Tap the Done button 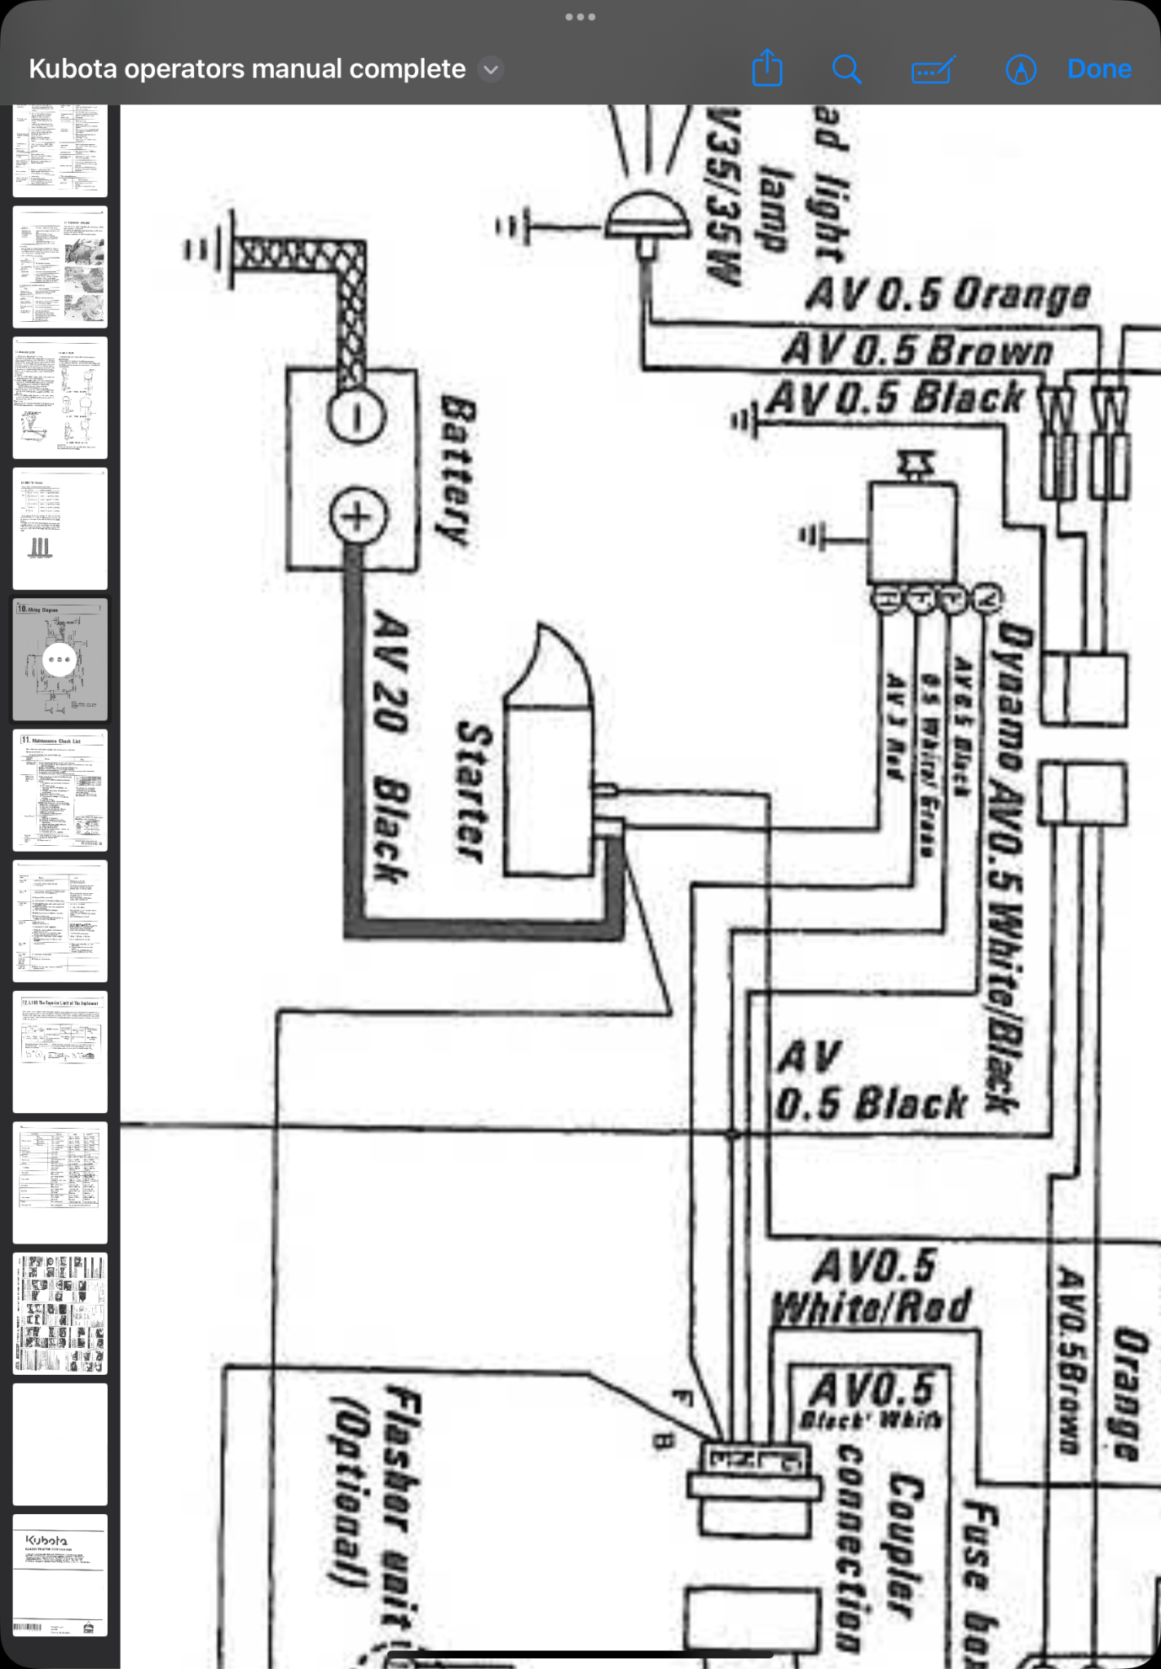(1099, 69)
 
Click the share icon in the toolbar (766, 69)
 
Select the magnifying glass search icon (846, 69)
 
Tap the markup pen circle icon (1021, 70)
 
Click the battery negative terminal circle (355, 416)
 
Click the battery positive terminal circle (356, 516)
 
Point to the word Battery (457, 470)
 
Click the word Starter (474, 791)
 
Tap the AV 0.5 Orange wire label (947, 294)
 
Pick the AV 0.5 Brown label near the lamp (918, 350)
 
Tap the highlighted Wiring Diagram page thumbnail (60, 659)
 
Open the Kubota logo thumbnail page (60, 1575)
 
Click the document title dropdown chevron (491, 69)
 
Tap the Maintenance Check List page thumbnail (60, 790)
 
